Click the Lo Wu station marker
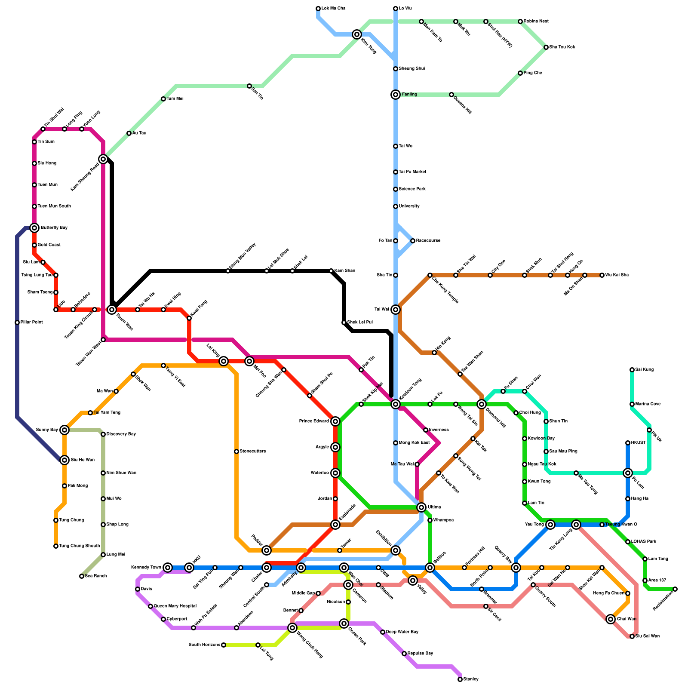[x=396, y=9]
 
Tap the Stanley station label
[x=471, y=679]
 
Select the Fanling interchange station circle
[x=396, y=95]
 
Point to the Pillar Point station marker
[x=17, y=322]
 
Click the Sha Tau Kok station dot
[x=546, y=47]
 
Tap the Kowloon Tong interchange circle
[x=396, y=404]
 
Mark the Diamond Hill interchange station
[x=482, y=404]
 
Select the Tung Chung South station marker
[x=56, y=546]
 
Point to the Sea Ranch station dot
[x=82, y=576]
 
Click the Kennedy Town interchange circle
[x=168, y=568]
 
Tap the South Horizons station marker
[x=224, y=645]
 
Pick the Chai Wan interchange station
[x=611, y=619]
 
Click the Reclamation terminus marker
[x=675, y=589]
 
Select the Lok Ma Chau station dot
[x=318, y=9]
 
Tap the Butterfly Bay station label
[x=54, y=228]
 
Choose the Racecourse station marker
[x=413, y=241]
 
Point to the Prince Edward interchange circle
[x=335, y=421]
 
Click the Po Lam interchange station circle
[x=628, y=473]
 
